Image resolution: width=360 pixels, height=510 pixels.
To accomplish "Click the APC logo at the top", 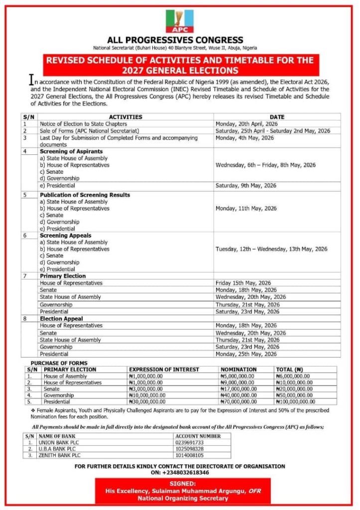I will [180, 21].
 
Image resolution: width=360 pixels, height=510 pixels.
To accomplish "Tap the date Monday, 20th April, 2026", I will [246, 124].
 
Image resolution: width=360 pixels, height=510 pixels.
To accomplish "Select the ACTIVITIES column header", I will [125, 117].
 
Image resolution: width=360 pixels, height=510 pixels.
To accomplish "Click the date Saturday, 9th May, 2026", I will [245, 185].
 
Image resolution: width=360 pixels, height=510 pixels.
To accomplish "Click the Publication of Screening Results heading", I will [85, 195].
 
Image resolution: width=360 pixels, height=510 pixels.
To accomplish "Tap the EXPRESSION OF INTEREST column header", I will [164, 370].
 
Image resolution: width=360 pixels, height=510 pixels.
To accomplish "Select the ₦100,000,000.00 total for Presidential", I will [295, 401].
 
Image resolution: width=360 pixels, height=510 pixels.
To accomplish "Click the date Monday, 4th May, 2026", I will [243, 137].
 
